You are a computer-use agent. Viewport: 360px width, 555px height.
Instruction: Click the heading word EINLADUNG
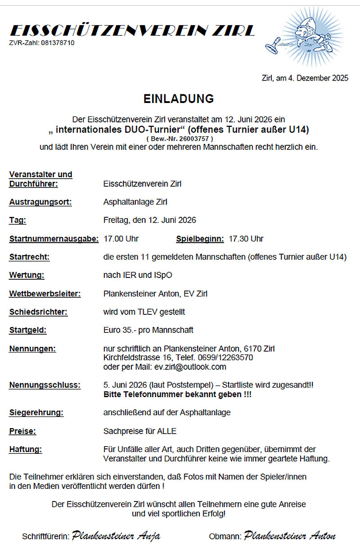[x=179, y=99]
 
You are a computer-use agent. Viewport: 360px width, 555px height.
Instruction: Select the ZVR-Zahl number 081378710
[x=58, y=43]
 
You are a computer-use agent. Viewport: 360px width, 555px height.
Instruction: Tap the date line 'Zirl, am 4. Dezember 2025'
[x=305, y=78]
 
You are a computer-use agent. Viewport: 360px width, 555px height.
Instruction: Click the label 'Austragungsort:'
[x=40, y=202]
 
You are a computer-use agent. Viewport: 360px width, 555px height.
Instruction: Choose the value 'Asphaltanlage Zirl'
[x=135, y=202]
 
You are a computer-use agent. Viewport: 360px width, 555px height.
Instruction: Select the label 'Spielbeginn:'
[x=200, y=239]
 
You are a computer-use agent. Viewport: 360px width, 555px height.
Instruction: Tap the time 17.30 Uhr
[x=246, y=239]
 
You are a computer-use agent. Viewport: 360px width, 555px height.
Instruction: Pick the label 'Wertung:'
[x=27, y=275]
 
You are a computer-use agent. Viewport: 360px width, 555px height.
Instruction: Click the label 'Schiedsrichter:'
[x=38, y=312]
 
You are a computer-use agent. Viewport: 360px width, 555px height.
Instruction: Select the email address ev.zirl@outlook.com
[x=190, y=367]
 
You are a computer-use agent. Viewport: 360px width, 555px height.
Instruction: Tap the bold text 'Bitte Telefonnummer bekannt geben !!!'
[x=177, y=394]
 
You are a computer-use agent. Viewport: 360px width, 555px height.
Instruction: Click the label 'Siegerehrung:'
[x=36, y=412]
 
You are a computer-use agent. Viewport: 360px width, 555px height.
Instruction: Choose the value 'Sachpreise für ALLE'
[x=140, y=431]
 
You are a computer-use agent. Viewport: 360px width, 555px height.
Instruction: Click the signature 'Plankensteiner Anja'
[x=116, y=536]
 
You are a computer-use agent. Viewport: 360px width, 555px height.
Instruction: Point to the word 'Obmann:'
[x=225, y=537]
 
